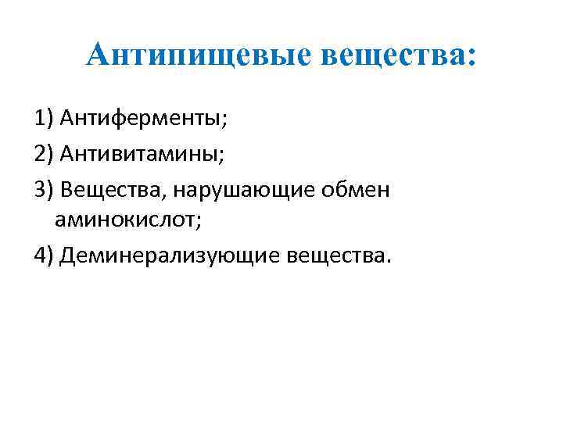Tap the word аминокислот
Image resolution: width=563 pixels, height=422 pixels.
[125, 221]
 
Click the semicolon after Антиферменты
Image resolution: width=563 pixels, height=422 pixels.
[226, 121]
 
